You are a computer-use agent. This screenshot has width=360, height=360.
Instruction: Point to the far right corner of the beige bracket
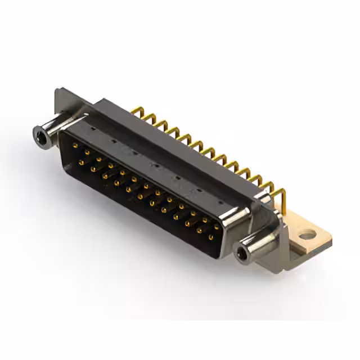[331, 242]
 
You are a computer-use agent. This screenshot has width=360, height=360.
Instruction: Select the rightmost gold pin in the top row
[216, 226]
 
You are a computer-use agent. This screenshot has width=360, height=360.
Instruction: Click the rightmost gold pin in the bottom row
[210, 237]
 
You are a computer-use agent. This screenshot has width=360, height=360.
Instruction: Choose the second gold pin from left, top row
[88, 153]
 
